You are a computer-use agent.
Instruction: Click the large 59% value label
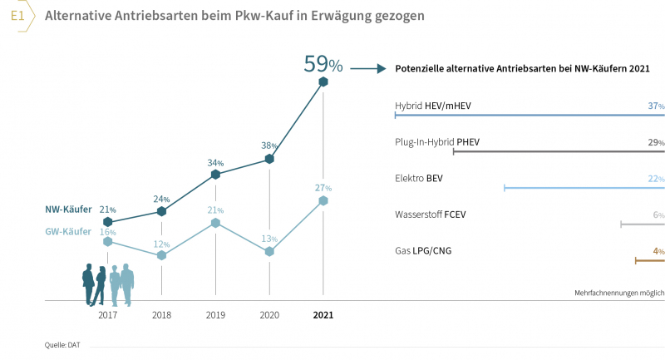click(x=323, y=63)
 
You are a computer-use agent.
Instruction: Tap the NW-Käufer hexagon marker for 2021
click(x=323, y=81)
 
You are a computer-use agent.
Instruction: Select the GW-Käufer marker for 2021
click(x=323, y=200)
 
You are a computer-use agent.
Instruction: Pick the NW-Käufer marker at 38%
click(x=269, y=158)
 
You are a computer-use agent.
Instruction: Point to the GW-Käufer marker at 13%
click(x=269, y=251)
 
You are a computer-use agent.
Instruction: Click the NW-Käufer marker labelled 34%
click(x=215, y=175)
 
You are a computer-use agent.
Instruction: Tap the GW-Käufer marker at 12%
click(x=162, y=255)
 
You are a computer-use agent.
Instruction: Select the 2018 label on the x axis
click(x=162, y=316)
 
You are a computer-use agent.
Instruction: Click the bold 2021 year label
click(x=323, y=316)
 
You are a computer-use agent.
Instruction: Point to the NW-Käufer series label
click(x=68, y=210)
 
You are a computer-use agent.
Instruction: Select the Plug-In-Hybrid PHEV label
click(x=437, y=142)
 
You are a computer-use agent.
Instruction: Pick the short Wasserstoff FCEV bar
click(x=643, y=224)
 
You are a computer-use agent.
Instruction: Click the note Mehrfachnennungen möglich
click(x=619, y=293)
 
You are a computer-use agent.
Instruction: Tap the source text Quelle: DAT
click(x=62, y=343)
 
